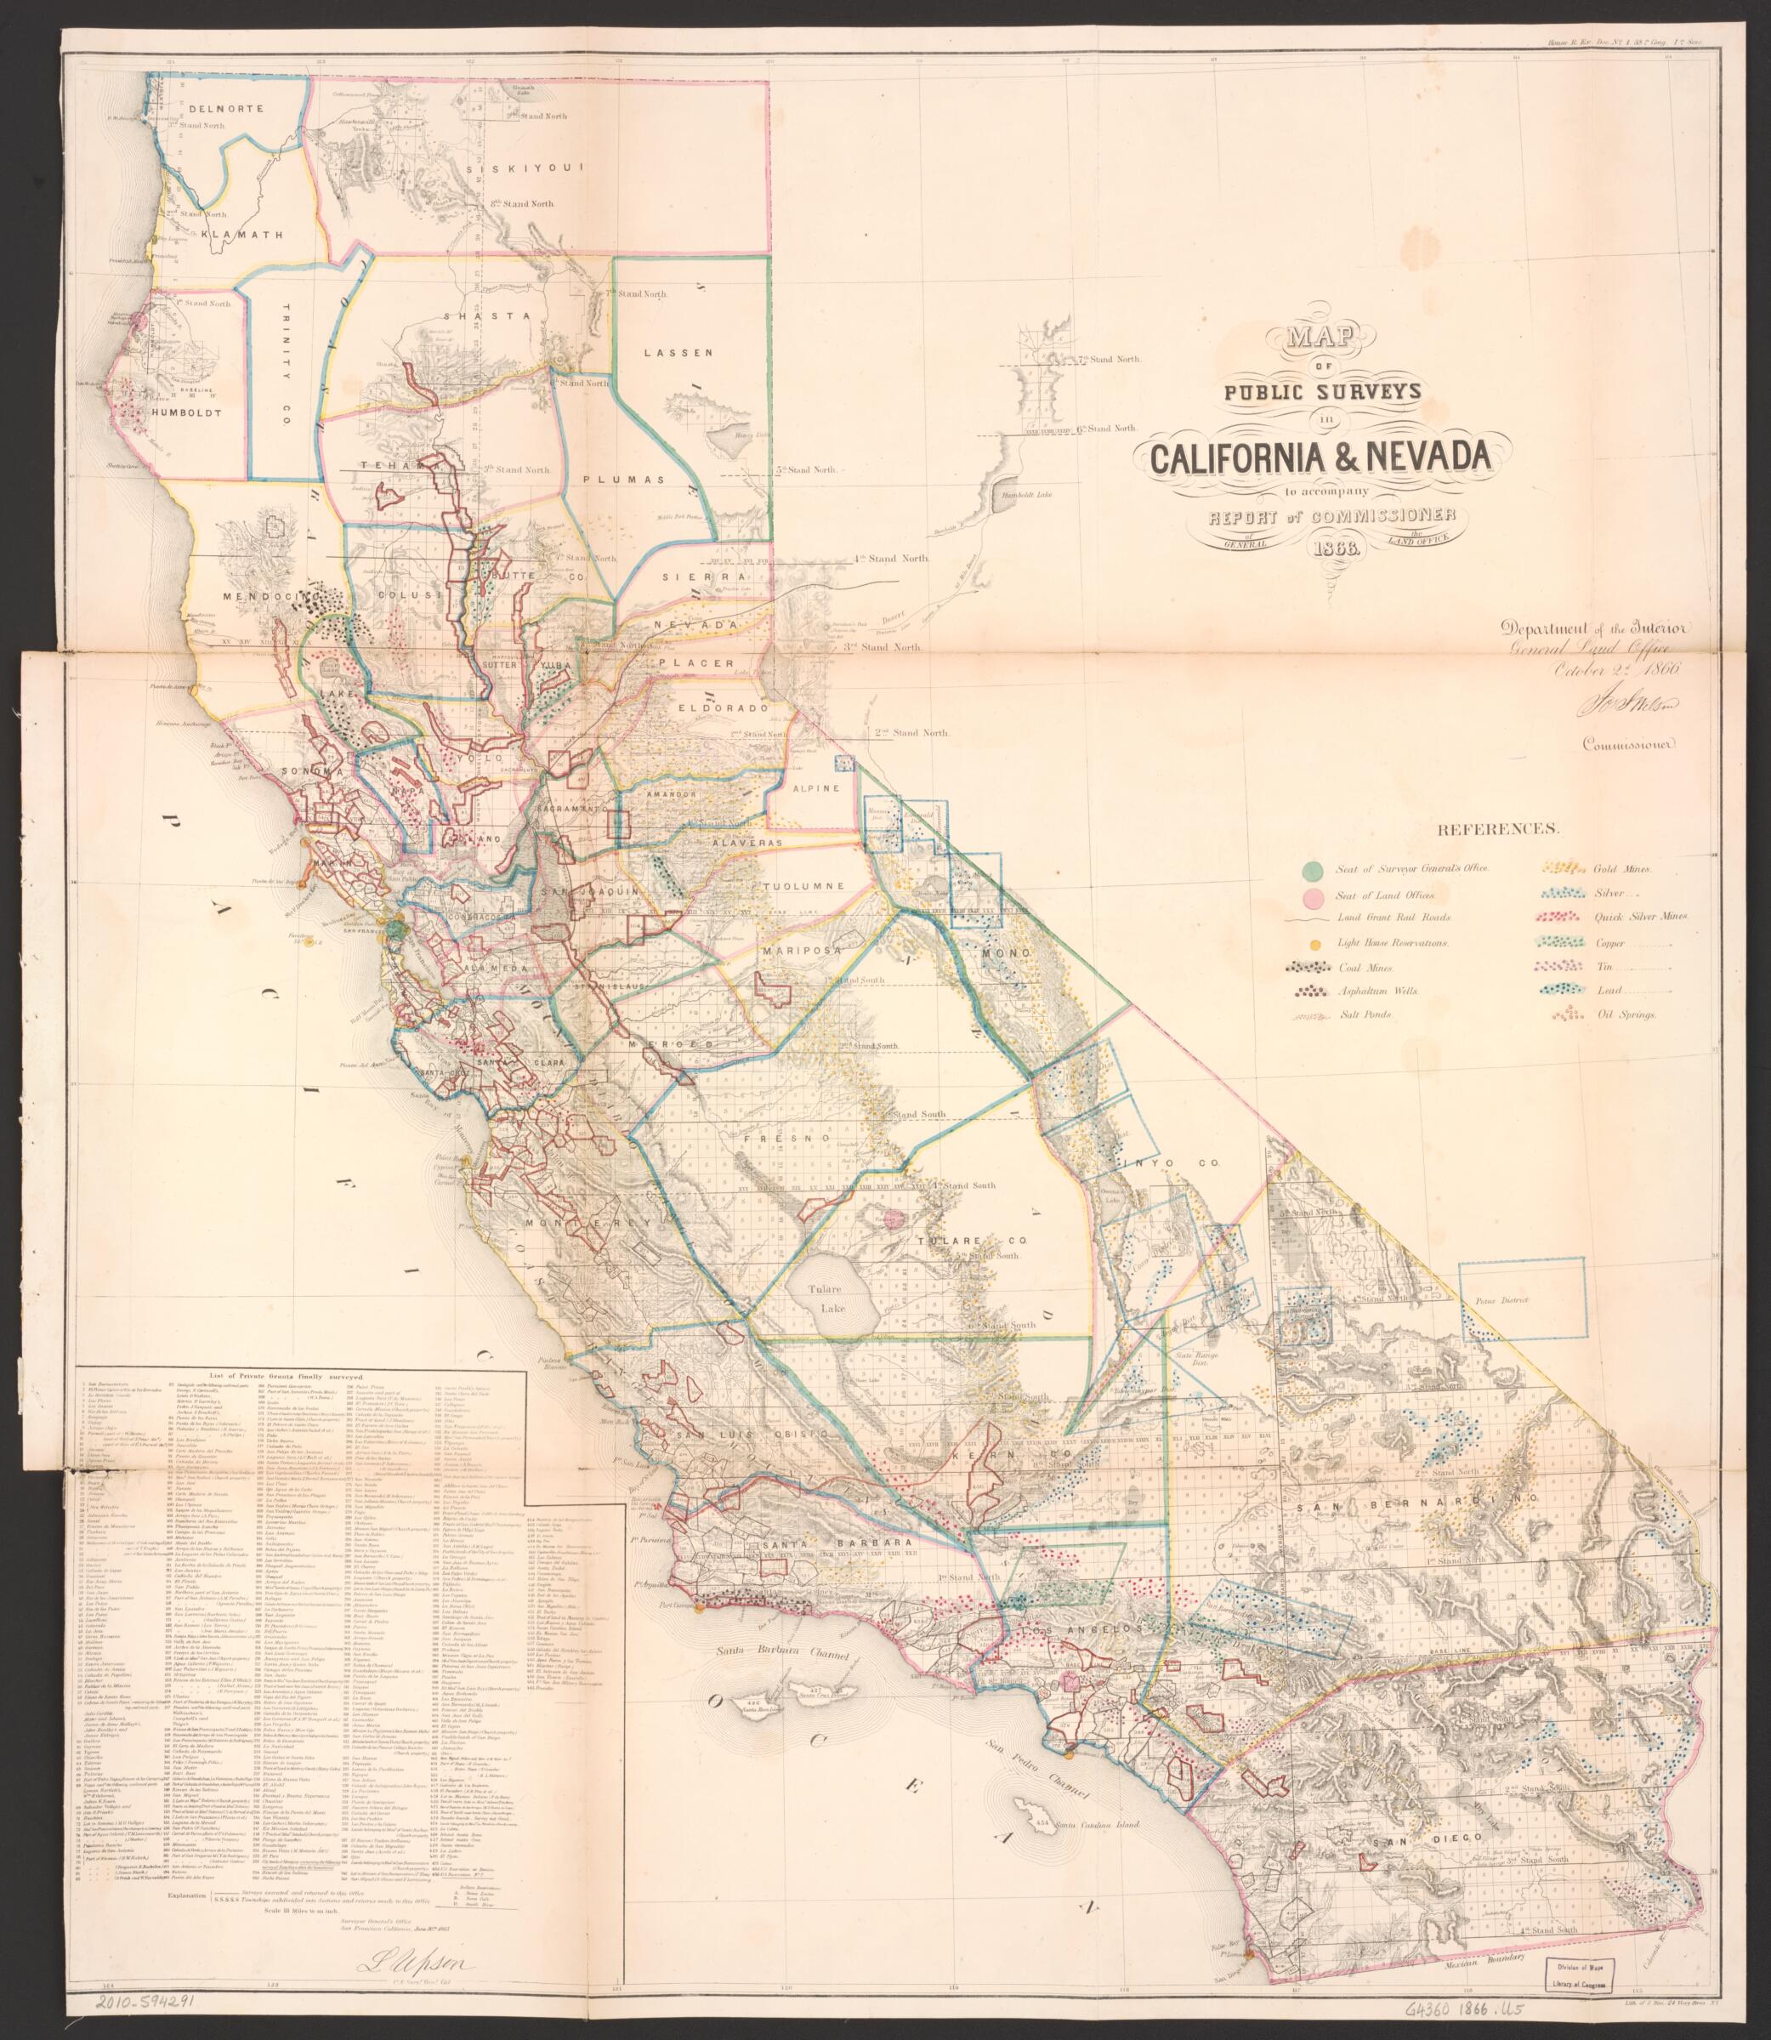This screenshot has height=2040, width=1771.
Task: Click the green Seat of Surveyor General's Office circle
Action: [1313, 870]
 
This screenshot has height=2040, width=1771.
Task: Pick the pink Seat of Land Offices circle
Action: [1313, 897]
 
